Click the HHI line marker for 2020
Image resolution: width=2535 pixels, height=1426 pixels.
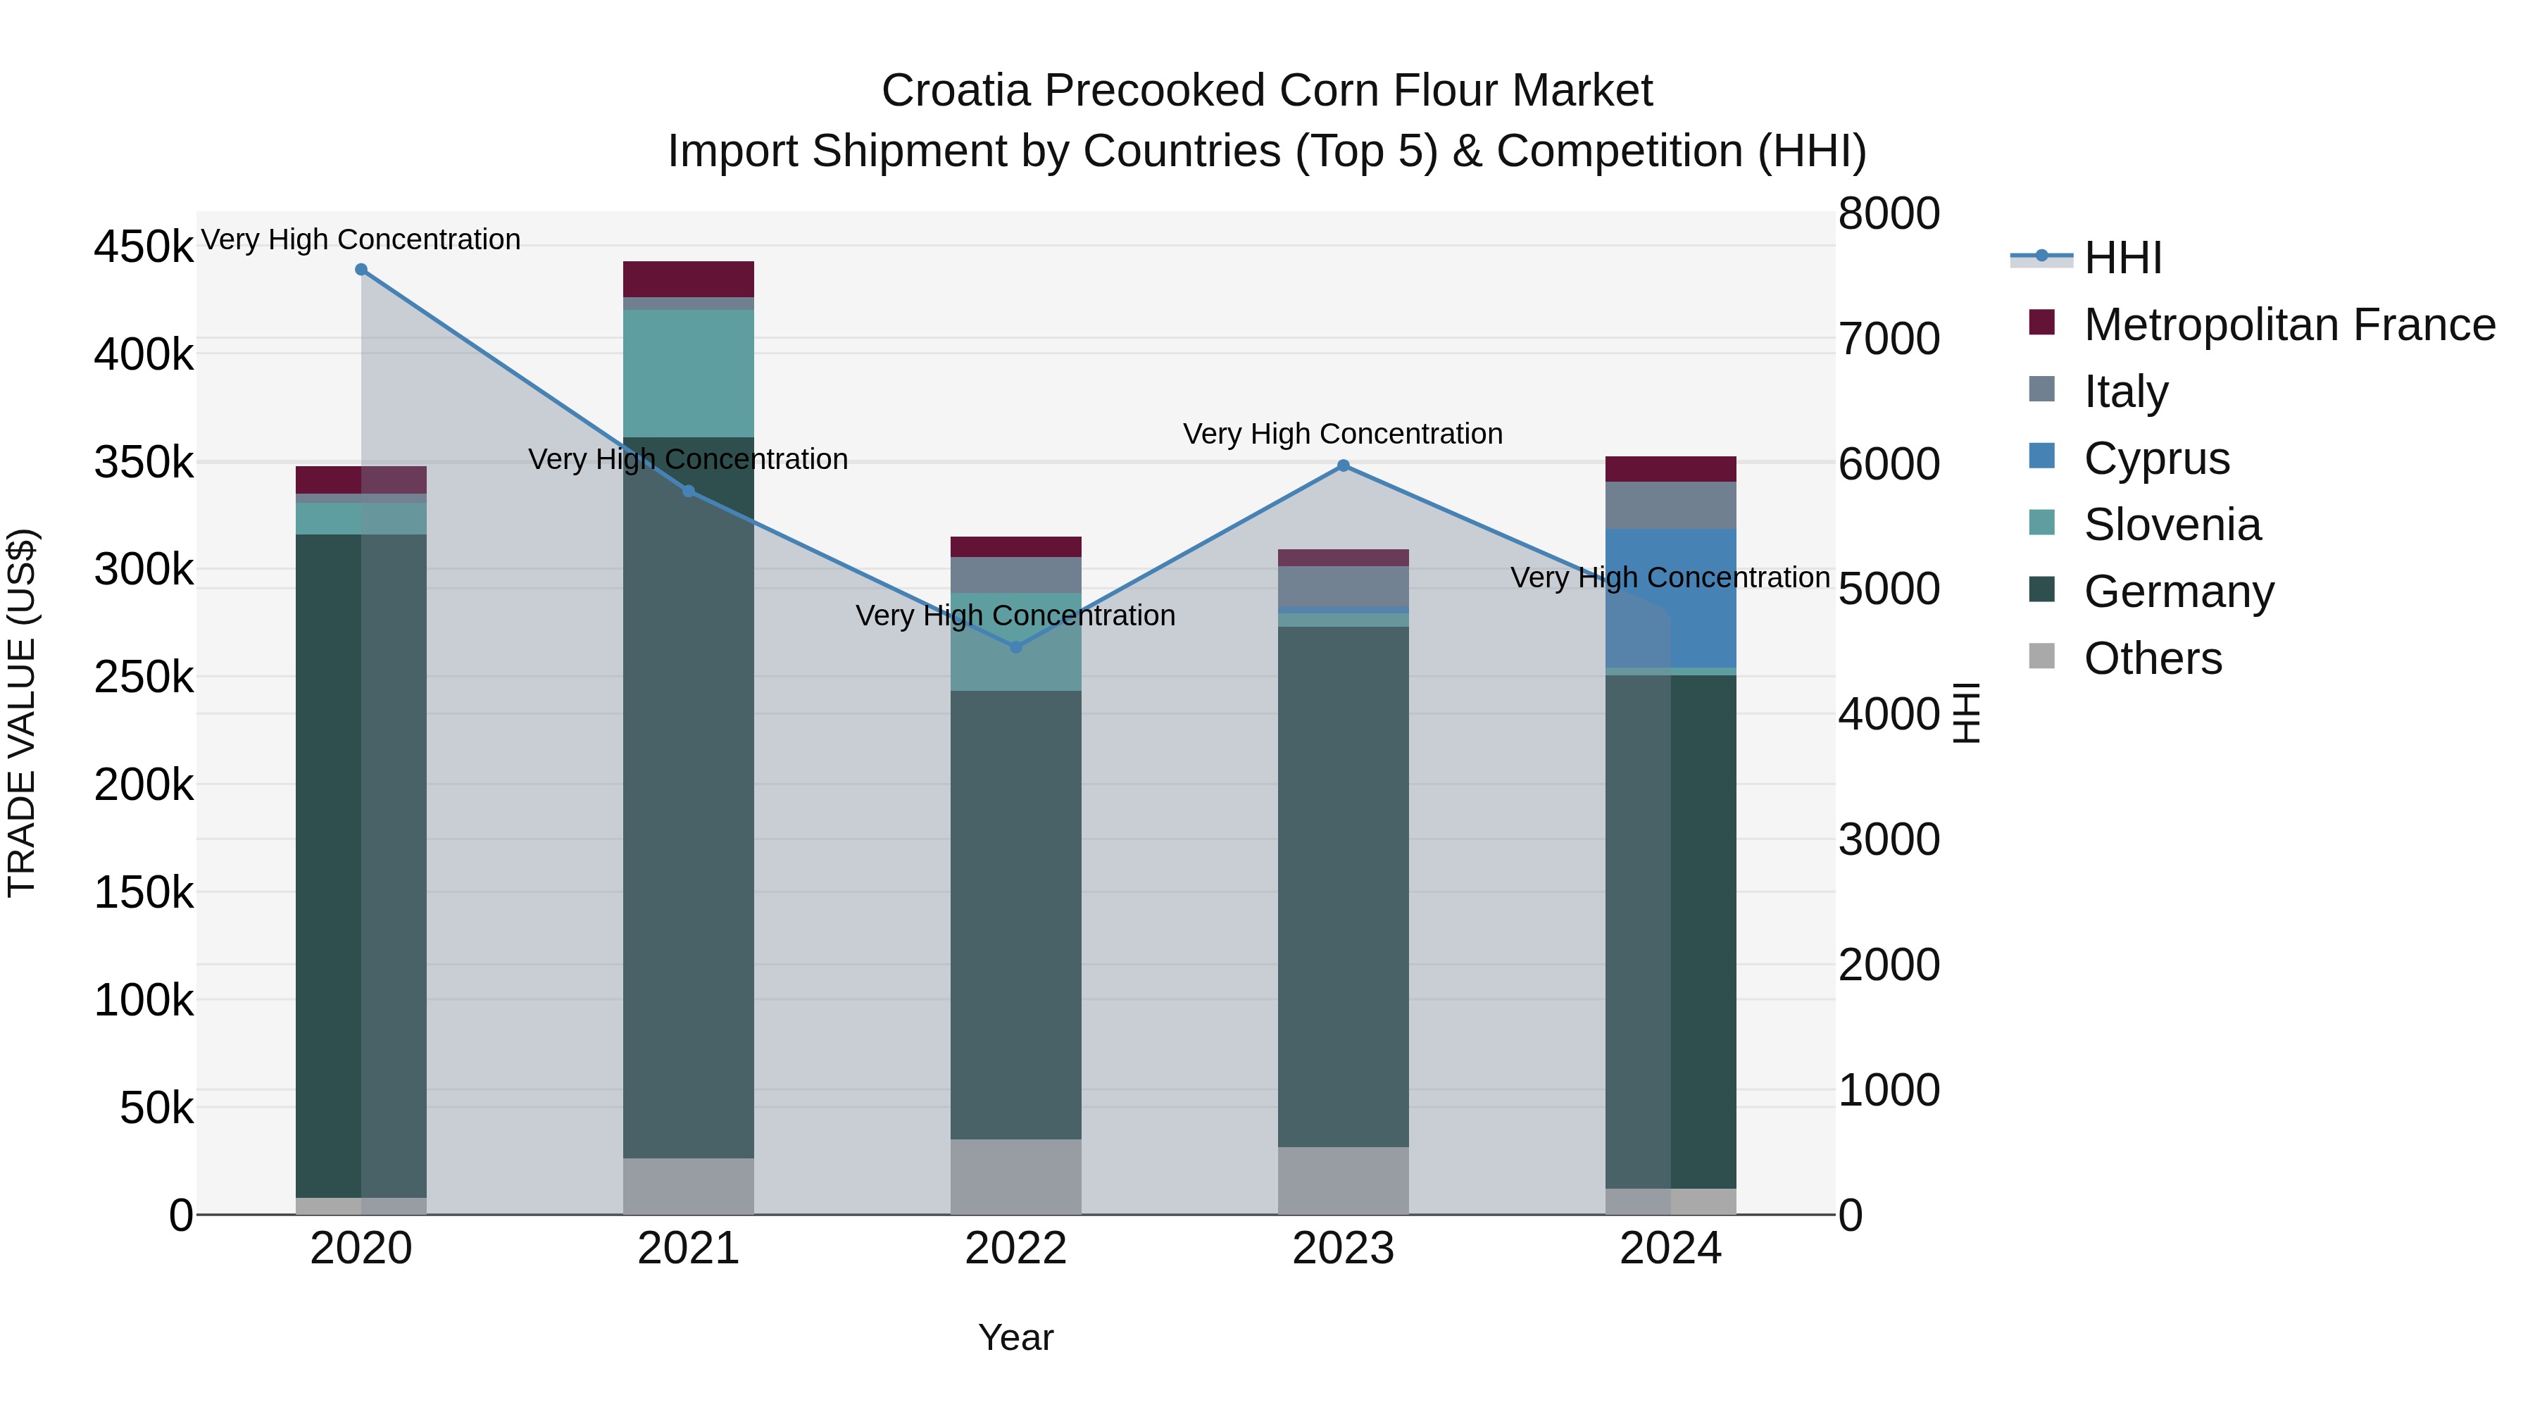[361, 270]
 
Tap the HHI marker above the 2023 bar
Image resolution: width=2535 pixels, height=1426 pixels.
[1344, 465]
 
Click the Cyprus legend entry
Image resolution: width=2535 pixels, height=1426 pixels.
[2156, 458]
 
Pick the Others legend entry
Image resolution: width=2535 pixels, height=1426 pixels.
[2152, 658]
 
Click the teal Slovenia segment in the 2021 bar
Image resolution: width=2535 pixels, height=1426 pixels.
[688, 373]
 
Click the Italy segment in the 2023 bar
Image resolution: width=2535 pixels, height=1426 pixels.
[1344, 587]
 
